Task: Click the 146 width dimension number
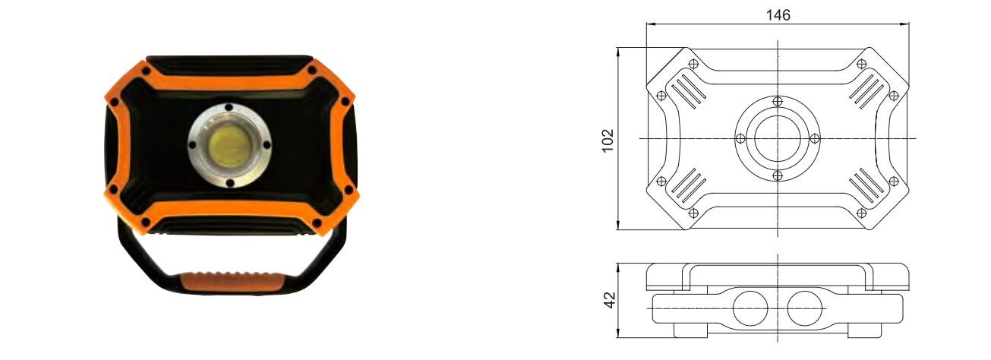point(778,14)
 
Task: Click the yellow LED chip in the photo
point(229,144)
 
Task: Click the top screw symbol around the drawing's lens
point(776,102)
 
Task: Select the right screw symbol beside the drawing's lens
point(814,138)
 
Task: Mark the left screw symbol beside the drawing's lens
point(740,138)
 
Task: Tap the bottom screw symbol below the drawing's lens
point(776,175)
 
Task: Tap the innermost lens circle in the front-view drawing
point(776,138)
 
